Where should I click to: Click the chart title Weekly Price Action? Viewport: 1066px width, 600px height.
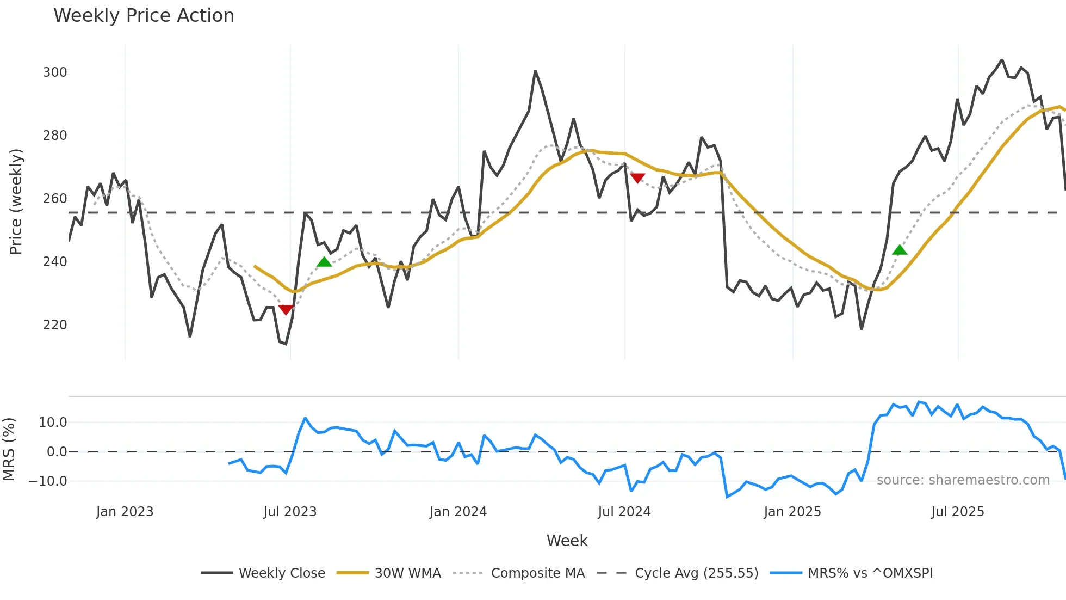144,16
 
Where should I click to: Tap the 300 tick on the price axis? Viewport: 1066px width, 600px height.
55,72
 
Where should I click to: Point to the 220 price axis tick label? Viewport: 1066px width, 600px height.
55,325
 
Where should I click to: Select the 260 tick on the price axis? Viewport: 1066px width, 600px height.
55,199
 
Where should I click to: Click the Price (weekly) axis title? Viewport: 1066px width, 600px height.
16,201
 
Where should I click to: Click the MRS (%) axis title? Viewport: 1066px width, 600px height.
9,449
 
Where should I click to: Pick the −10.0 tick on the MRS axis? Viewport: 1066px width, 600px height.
48,481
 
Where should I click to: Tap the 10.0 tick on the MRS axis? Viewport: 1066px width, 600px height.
53,423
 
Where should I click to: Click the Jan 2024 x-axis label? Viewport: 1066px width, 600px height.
458,512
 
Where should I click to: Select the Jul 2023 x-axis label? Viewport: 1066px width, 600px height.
290,512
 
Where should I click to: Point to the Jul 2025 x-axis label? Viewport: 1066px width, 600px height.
958,512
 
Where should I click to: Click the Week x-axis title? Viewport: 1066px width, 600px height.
567,541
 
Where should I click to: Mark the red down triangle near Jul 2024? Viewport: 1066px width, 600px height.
637,178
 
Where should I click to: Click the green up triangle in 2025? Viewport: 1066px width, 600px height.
900,250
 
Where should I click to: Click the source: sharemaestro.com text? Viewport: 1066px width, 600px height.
963,480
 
